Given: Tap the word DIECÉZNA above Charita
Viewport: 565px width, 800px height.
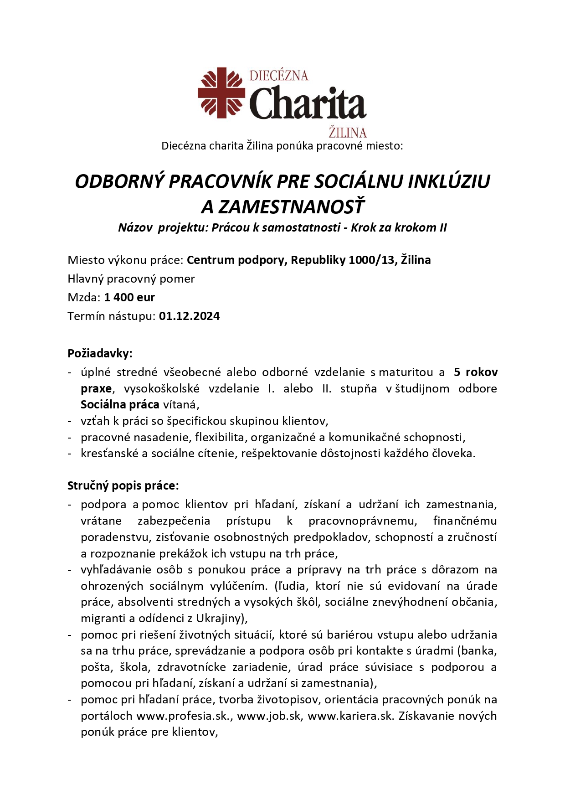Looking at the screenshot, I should pos(279,75).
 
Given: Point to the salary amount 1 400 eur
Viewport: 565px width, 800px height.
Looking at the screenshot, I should pos(129,298).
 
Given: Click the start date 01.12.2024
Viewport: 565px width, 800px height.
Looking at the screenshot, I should pos(189,316).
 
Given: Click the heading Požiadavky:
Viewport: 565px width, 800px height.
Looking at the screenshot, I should pos(100,353).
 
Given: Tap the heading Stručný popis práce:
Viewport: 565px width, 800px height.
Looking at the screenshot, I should pos(123,485).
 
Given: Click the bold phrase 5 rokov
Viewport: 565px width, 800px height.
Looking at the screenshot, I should pos(476,372).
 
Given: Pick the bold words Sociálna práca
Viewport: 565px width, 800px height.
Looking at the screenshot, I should pos(120,404).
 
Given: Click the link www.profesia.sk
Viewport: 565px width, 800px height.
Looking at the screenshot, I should pos(185,716).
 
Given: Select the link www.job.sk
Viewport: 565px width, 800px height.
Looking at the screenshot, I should pos(269,716).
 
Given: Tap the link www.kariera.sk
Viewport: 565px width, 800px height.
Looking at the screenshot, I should pos(350,716).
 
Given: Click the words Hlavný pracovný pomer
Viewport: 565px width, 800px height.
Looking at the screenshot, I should pos(131,279).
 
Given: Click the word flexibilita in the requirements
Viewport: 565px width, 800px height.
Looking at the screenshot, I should pos(220,437).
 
